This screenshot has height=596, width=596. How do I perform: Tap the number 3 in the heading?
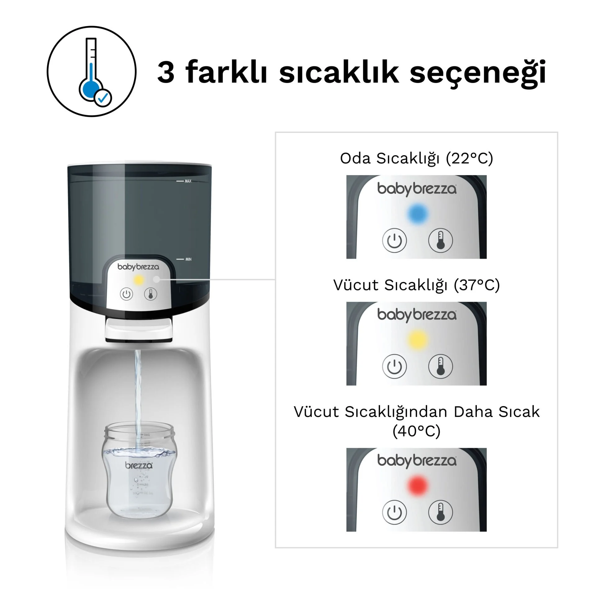(166, 72)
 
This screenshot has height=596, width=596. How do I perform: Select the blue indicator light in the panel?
(418, 214)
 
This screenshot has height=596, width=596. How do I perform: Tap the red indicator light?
(418, 485)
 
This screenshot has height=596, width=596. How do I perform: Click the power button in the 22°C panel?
(394, 240)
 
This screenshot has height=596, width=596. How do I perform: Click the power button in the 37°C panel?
(394, 366)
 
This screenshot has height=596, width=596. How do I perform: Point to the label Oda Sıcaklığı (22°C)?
(417, 159)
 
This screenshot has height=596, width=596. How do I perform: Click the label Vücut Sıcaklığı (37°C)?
(417, 285)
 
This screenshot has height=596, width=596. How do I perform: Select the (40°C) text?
(417, 431)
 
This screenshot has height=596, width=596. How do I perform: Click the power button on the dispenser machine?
(126, 294)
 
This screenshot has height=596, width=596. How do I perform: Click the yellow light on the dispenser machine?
(138, 280)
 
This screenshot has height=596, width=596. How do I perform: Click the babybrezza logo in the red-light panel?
(417, 461)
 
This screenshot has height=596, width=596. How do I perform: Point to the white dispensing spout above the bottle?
(139, 330)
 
